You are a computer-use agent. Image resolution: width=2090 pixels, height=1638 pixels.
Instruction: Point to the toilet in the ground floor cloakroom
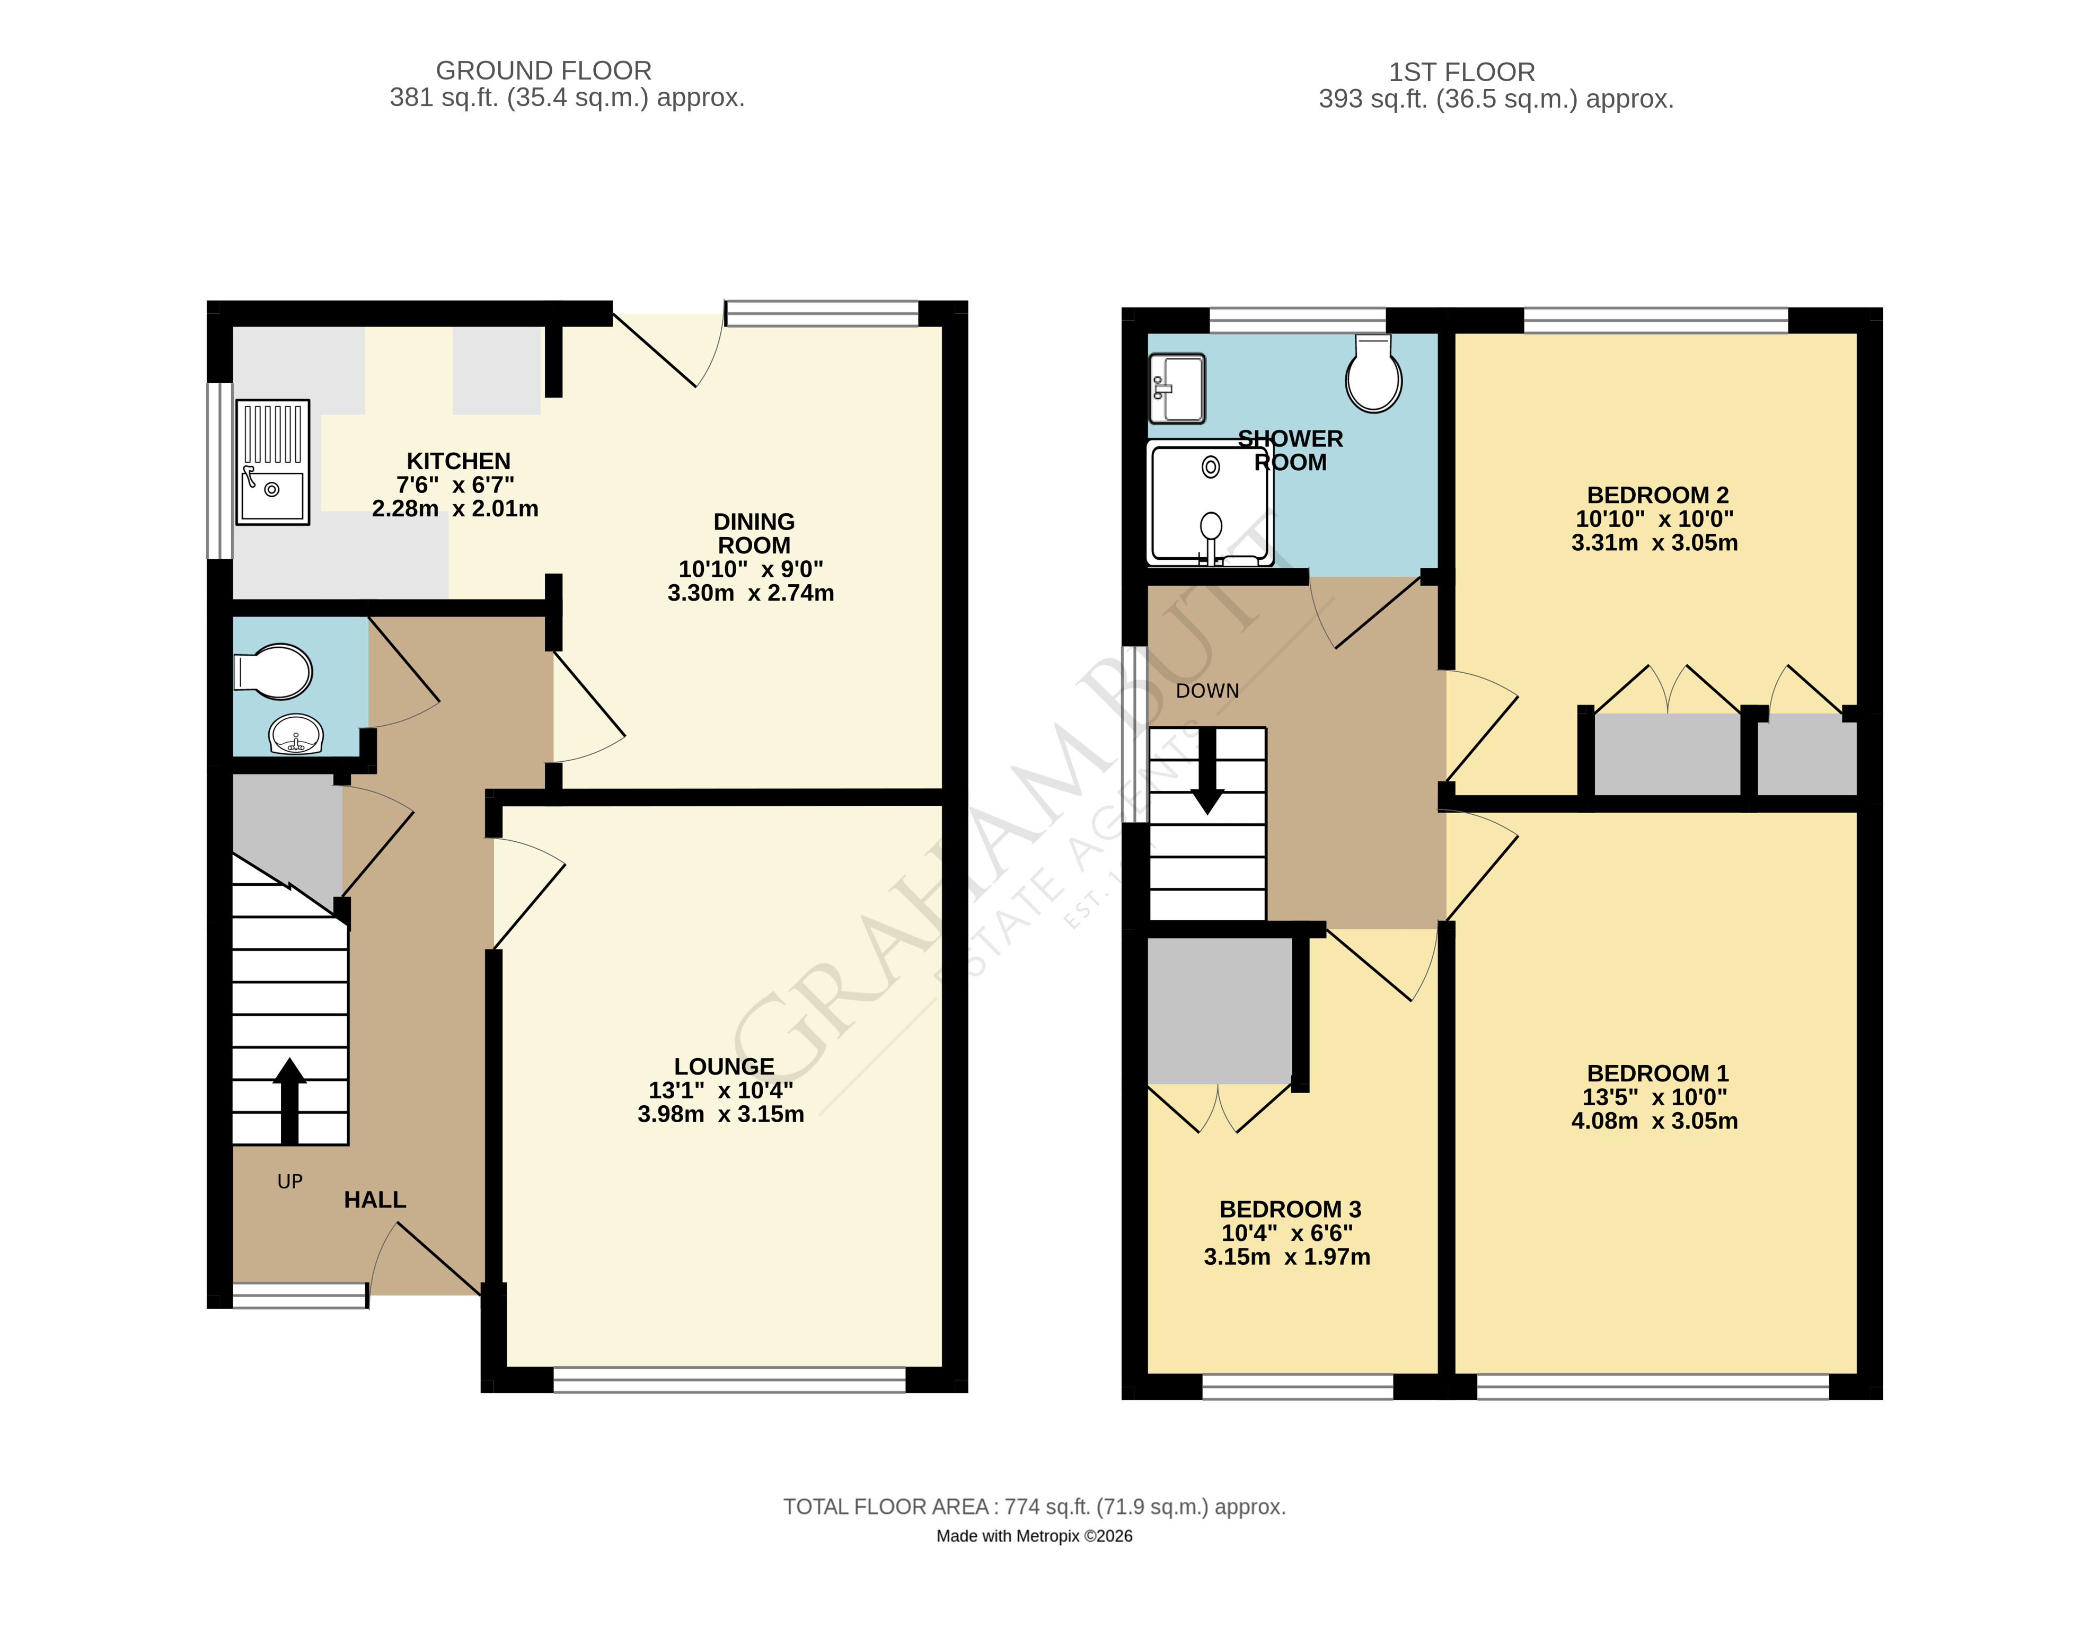click(274, 671)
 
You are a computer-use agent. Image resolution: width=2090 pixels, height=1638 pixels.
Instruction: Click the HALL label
click(375, 1200)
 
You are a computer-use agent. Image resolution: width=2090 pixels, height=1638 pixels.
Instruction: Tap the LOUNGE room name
click(724, 1067)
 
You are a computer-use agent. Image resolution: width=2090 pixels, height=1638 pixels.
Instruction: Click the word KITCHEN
click(458, 461)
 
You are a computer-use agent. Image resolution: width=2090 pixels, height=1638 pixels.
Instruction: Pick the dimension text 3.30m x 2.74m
click(751, 593)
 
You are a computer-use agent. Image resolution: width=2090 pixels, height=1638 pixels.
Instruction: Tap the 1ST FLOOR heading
click(1462, 72)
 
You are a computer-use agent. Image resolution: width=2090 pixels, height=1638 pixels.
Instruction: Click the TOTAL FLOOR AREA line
click(1035, 1507)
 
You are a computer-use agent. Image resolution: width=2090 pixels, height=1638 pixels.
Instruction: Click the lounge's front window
click(729, 1380)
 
